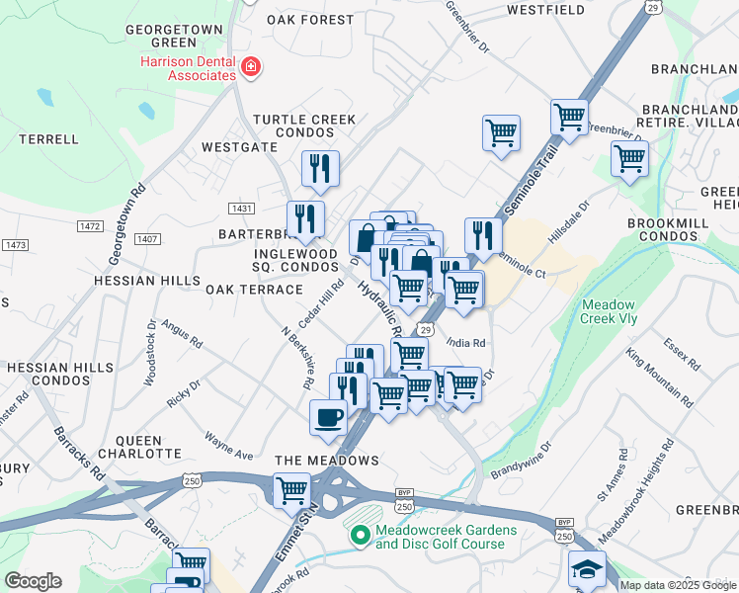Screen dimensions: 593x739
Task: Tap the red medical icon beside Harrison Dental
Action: pyautogui.click(x=252, y=67)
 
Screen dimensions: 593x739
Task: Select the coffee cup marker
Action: pyautogui.click(x=328, y=418)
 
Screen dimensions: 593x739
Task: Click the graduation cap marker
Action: pyautogui.click(x=587, y=570)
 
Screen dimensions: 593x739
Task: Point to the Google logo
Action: pyautogui.click(x=33, y=581)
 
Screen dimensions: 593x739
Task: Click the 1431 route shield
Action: pyautogui.click(x=241, y=208)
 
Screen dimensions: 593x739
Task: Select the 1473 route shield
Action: pyautogui.click(x=15, y=244)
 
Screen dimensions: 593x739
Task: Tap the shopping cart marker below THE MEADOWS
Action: pyautogui.click(x=291, y=490)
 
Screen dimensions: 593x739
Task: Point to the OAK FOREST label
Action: pyautogui.click(x=309, y=20)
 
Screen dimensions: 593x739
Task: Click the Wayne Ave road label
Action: pyautogui.click(x=229, y=446)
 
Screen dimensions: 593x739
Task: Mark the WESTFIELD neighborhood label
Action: pyautogui.click(x=546, y=10)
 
